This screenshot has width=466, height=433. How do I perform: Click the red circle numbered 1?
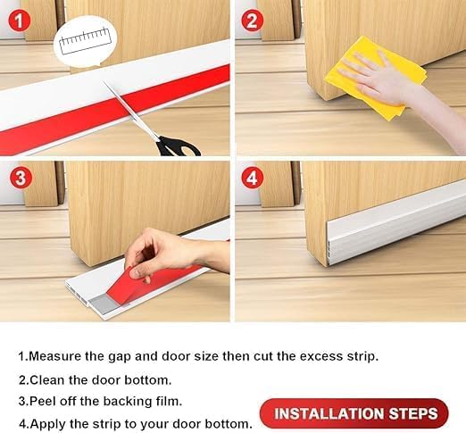[x=20, y=21]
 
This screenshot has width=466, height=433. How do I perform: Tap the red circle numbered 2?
[x=253, y=21]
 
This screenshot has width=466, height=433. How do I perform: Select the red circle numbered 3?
[x=21, y=178]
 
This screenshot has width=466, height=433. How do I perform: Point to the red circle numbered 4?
[x=253, y=178]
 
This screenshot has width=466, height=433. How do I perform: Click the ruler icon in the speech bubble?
[x=85, y=41]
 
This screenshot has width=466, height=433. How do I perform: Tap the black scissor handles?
[x=179, y=146]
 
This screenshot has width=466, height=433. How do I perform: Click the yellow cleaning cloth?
[x=376, y=78]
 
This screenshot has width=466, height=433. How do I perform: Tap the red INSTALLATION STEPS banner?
[x=354, y=413]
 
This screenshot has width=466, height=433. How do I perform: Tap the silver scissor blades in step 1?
[x=131, y=110]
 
